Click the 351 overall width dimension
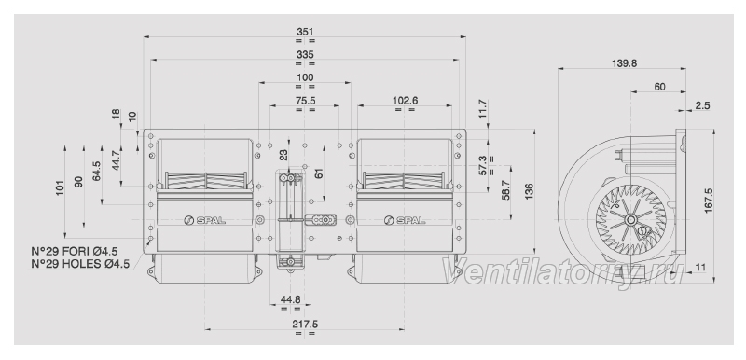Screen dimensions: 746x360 coord(305,32)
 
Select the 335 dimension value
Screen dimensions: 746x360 coord(305,55)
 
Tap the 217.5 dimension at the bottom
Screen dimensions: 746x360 coord(305,324)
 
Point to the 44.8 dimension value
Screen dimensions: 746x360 coord(290,299)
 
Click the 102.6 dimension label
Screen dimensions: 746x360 coord(405,101)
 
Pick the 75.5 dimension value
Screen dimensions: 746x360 coord(305,101)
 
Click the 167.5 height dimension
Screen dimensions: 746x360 coord(709,201)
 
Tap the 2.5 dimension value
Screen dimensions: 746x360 coord(702,105)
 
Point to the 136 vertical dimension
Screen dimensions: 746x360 coord(529,190)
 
